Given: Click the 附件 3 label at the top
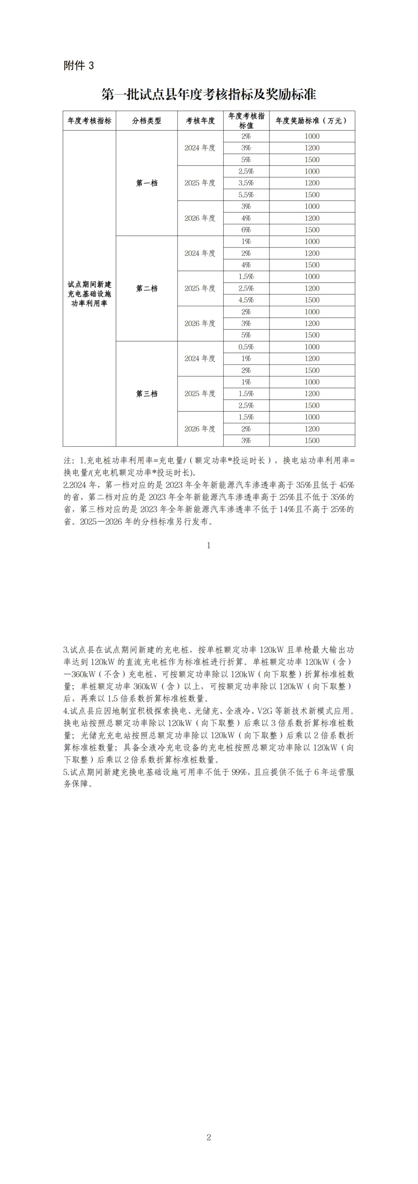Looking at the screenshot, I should click(79, 66).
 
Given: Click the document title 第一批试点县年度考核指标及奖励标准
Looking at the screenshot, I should click(209, 95).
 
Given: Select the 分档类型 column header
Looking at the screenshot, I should click(147, 121).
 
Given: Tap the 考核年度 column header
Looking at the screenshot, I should click(200, 121).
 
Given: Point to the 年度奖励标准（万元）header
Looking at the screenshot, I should click(312, 121).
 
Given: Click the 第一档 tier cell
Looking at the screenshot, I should click(147, 183).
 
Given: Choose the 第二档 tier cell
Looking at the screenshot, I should click(147, 288).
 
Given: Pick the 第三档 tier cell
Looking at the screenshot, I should click(147, 394).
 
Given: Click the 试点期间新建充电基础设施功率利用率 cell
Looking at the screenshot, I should click(89, 294).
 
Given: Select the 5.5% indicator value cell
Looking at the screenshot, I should click(246, 194).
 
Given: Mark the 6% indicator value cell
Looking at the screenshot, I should click(246, 230).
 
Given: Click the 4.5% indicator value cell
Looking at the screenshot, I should click(246, 299).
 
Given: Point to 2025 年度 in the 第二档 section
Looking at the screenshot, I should click(200, 288).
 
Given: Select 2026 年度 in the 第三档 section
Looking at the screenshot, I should click(200, 429).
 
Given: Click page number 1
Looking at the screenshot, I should click(209, 546).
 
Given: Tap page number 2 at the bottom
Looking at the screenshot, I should click(209, 1137).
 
